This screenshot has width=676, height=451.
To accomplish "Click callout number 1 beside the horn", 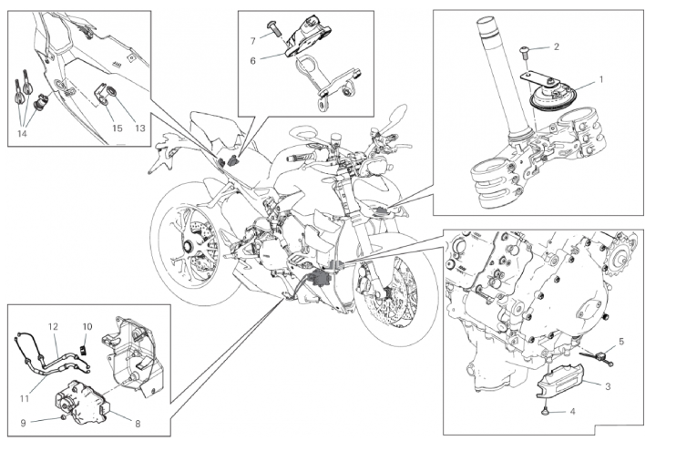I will pos(600,79).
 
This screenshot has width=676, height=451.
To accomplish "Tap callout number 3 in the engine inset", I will pos(609,386).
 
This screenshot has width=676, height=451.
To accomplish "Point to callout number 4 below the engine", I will pos(573,412).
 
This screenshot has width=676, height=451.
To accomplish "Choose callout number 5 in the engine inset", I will pos(621,342).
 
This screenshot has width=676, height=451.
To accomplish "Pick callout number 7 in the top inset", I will pos(253,41).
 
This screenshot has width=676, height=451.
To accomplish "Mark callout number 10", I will pos(88,326).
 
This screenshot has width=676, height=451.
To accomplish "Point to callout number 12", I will pos(54,326).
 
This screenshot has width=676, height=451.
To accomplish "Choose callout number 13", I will pos(138,128).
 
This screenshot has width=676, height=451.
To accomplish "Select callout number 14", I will pos(23,133).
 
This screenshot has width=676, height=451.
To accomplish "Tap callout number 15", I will pos(117,128).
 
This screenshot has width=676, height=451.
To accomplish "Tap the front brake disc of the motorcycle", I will pos(392,297).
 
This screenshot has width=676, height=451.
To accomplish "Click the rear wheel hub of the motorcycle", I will pos(190,247).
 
